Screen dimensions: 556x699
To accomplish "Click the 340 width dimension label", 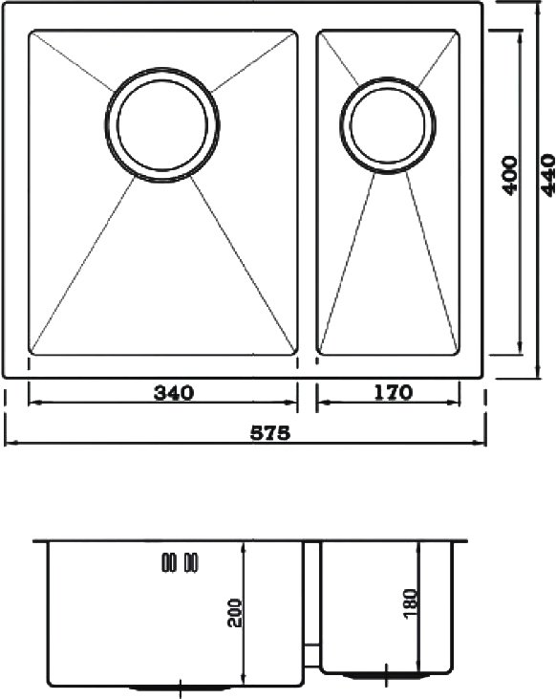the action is tap(174, 393).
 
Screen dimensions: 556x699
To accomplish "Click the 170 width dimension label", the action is tap(393, 392).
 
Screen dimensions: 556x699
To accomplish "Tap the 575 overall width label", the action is tap(270, 432).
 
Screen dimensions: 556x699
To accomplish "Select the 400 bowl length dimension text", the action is tap(510, 175).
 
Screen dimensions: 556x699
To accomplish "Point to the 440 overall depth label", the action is tap(547, 175).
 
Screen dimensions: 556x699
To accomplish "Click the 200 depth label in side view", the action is tap(234, 613).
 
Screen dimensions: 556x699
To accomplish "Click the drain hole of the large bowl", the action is tap(162, 125).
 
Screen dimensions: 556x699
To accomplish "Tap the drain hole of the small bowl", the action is tap(387, 125).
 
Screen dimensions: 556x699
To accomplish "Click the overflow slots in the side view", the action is tap(180, 562).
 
